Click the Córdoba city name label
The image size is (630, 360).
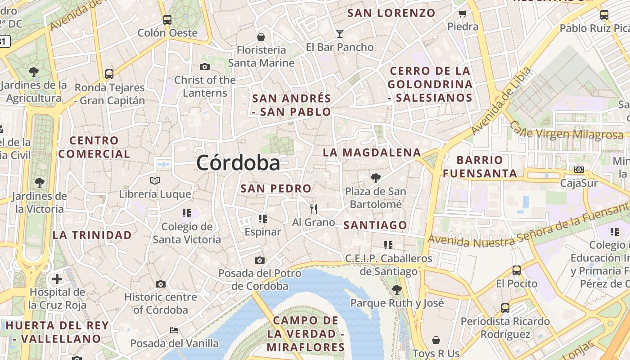pyautogui.click(x=238, y=162)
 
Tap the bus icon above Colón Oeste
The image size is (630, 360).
pyautogui.click(x=167, y=19)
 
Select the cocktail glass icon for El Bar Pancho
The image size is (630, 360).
pyautogui.click(x=339, y=33)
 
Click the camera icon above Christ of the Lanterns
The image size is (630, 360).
pyautogui.click(x=205, y=67)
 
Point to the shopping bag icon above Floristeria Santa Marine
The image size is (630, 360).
pyautogui.click(x=261, y=36)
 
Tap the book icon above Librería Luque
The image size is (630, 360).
pyautogui.click(x=155, y=180)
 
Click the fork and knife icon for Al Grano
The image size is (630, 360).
pyautogui.click(x=314, y=209)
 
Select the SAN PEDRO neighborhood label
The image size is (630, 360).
pyautogui.click(x=276, y=189)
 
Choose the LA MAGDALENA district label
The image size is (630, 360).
pyautogui.click(x=372, y=153)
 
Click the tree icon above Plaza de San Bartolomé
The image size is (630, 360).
pyautogui.click(x=375, y=178)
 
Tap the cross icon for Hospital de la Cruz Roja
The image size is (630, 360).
pyautogui.click(x=57, y=279)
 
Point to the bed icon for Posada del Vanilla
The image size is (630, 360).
pyautogui.click(x=174, y=330)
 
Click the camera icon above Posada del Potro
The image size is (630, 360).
pyautogui.click(x=259, y=260)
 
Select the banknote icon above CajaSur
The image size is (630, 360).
pyautogui.click(x=579, y=170)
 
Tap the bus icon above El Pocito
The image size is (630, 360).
pyautogui.click(x=517, y=270)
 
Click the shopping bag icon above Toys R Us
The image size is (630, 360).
pyautogui.click(x=436, y=340)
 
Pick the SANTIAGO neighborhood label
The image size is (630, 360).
pyautogui.click(x=375, y=225)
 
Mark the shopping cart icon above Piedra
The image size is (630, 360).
pyautogui.click(x=462, y=13)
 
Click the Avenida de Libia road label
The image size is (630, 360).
pyautogui.click(x=501, y=101)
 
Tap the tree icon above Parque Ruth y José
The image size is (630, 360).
pyautogui.click(x=396, y=289)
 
